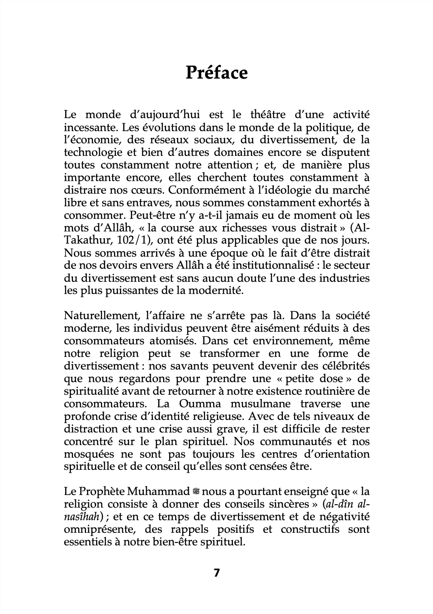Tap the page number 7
pos(216,573)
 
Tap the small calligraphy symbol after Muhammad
pos(197,492)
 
